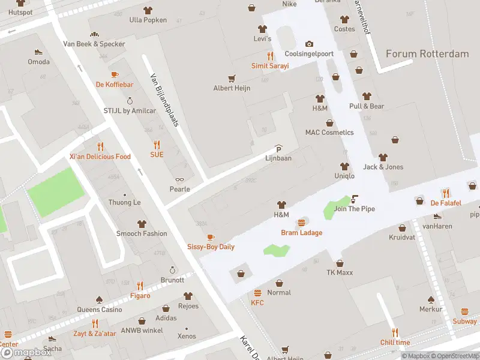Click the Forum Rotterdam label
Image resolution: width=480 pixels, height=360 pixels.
427,54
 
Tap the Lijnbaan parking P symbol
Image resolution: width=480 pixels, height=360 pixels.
278,149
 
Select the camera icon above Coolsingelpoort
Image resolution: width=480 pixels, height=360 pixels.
309,44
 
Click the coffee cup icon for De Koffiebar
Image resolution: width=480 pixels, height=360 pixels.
115,75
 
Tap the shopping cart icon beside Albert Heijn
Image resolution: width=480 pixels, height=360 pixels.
232,78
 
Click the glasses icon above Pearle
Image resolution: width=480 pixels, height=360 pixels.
179,179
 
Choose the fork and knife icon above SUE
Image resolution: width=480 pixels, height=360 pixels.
157,145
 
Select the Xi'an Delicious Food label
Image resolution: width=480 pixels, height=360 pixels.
100,157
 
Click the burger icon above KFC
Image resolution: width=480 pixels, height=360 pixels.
257,293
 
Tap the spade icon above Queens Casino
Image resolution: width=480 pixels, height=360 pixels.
100,299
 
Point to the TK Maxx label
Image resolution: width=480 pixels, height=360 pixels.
340,272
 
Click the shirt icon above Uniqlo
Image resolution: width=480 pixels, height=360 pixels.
344,166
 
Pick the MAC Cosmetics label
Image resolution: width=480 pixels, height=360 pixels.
329,132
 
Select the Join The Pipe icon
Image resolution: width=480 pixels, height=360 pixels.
355,199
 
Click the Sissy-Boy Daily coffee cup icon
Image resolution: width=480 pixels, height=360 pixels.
211,237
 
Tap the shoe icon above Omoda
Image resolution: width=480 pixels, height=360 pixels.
38,52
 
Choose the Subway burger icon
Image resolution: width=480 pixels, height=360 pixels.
465,312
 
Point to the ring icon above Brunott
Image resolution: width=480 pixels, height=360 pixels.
173,270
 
